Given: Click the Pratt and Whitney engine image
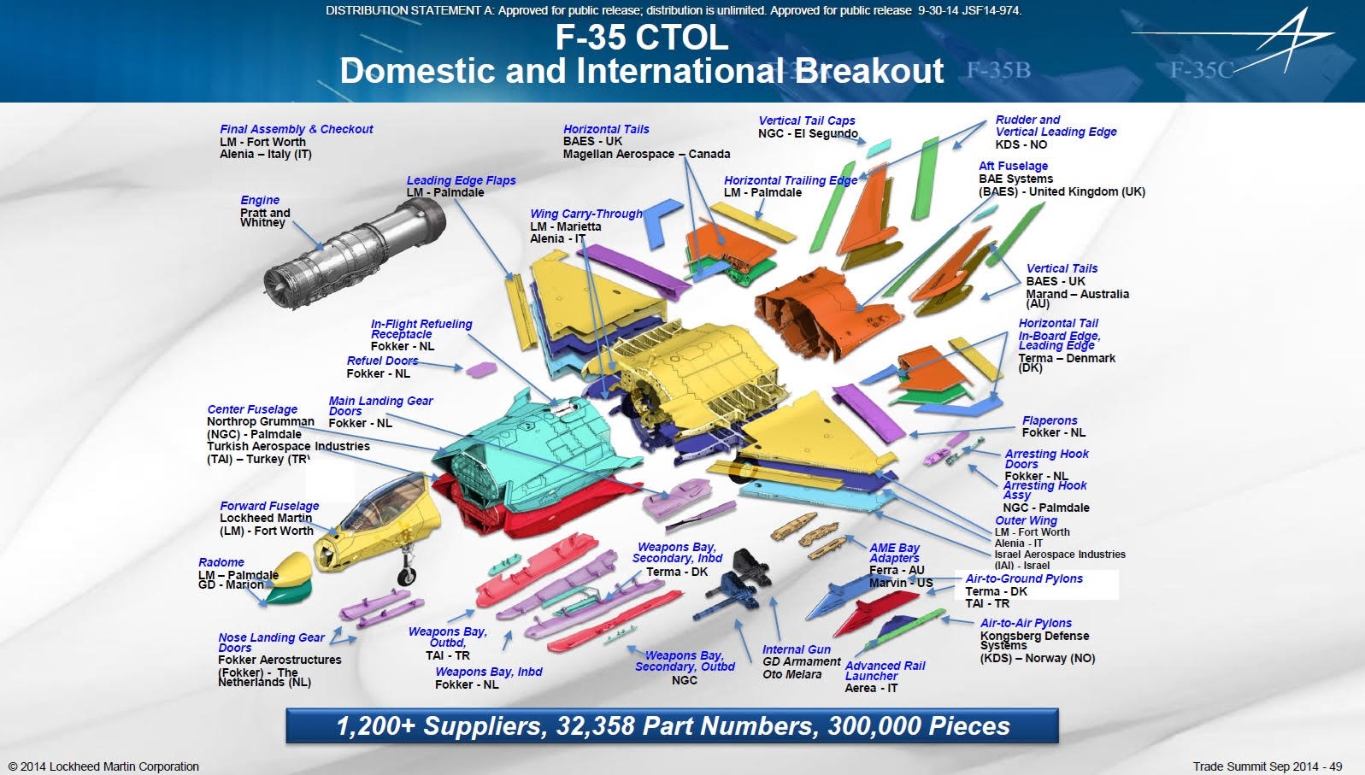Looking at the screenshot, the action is coord(356,253).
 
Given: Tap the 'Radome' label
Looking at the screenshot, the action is coord(221,562).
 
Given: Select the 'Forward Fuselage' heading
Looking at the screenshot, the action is coord(269,506).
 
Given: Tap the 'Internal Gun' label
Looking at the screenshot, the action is coord(797,649).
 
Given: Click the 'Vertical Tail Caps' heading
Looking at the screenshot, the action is coord(807,120).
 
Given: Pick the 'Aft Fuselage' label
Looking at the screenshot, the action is coord(1014,166).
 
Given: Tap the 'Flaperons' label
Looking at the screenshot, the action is coord(1050,420).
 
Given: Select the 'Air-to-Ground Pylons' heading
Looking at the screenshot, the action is coord(1024,578).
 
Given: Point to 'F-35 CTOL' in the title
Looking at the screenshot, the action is coord(642,37).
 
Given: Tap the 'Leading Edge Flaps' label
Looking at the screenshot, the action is coord(461,180).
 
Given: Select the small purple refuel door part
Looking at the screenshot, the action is coord(481,370).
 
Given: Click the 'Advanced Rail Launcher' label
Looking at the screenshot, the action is coord(885,671).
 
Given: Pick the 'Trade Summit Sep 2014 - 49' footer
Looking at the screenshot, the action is coord(1268,766).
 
